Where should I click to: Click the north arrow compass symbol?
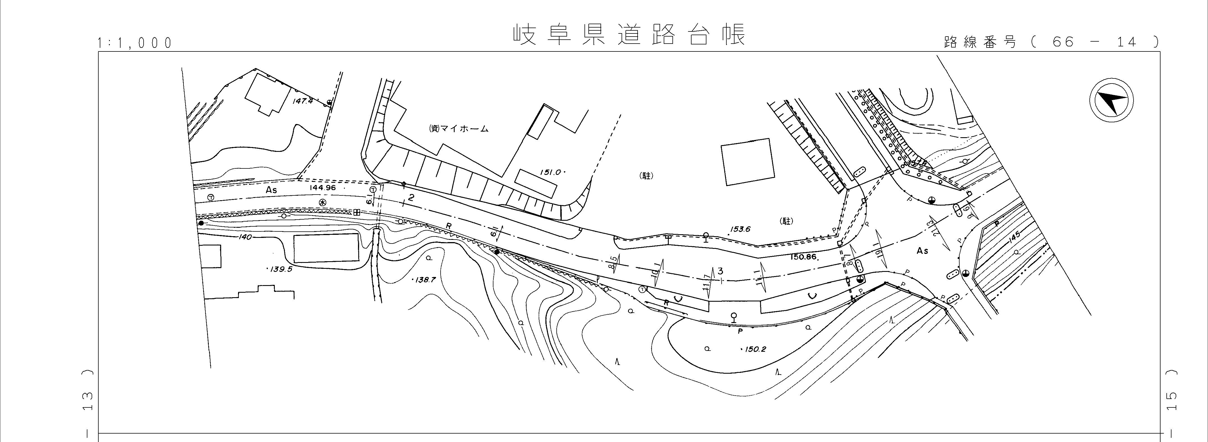(1111, 101)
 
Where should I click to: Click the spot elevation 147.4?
(302, 101)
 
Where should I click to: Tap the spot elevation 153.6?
(740, 229)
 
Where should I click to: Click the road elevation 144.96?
(323, 188)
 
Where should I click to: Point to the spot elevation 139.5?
(280, 269)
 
